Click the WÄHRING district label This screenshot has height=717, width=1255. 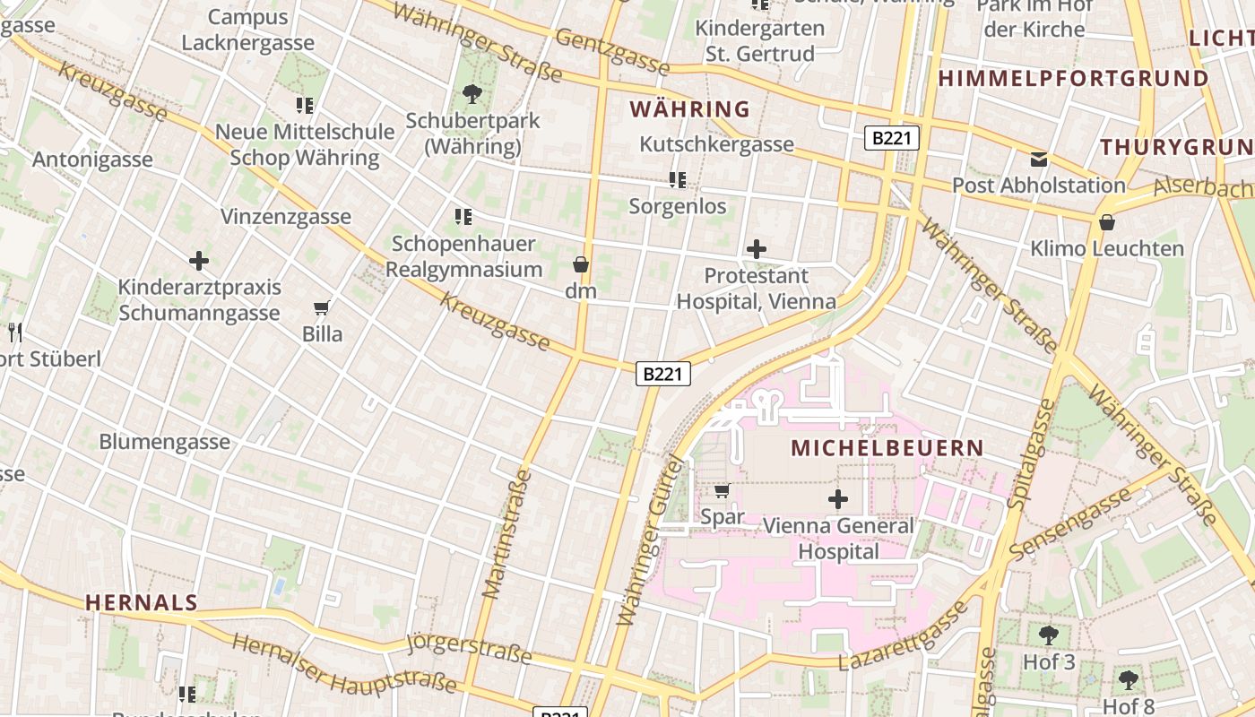pyautogui.click(x=689, y=109)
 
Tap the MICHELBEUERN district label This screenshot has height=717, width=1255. pyautogui.click(x=887, y=448)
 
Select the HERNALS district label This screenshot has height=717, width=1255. pyautogui.click(x=141, y=602)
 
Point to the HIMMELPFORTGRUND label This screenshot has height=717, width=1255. pyautogui.click(x=1073, y=79)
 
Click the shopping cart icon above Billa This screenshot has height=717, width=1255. pyautogui.click(x=321, y=308)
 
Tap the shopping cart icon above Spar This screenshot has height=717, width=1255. pyautogui.click(x=722, y=490)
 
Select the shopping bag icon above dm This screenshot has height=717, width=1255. pyautogui.click(x=581, y=264)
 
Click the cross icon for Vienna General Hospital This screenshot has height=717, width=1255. pyautogui.click(x=838, y=499)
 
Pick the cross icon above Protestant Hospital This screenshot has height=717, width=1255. pyautogui.click(x=757, y=249)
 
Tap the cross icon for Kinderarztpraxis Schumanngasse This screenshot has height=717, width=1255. pyautogui.click(x=199, y=261)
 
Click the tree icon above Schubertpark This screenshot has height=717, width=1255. pyautogui.click(x=472, y=93)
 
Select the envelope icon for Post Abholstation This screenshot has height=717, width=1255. pyautogui.click(x=1038, y=160)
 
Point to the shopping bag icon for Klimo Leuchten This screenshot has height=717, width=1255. pyautogui.click(x=1107, y=222)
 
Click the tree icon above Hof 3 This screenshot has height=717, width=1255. pyautogui.click(x=1048, y=636)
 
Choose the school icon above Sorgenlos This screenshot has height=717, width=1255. pyautogui.click(x=678, y=180)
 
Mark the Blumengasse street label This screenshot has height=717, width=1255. pyautogui.click(x=164, y=442)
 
